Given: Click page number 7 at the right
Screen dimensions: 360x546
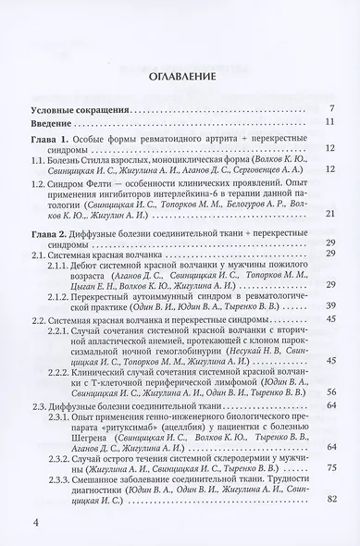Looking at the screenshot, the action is pyautogui.click(x=330, y=108).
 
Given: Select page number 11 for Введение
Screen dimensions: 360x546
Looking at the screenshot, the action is pyautogui.click(x=329, y=121).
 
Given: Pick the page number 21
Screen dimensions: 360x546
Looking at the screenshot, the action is pyautogui.click(x=329, y=214).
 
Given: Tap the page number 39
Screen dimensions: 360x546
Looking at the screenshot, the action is pyautogui.click(x=329, y=304).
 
